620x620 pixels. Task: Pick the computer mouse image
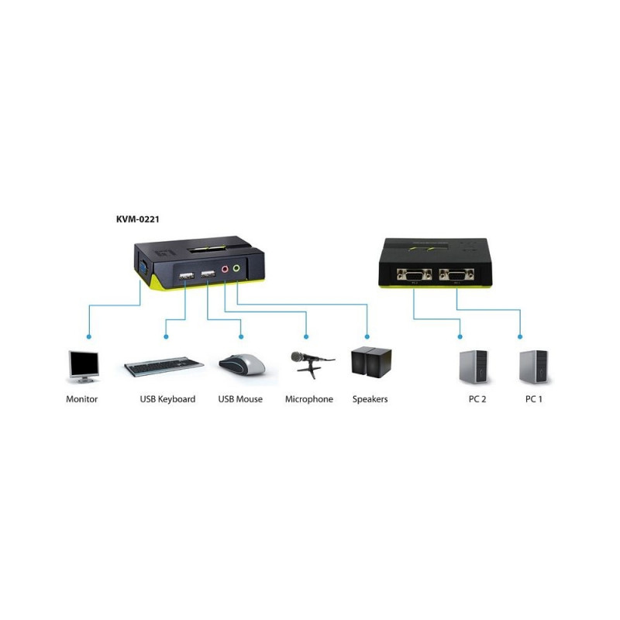[x=242, y=363]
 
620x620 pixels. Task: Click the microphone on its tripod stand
[x=310, y=363]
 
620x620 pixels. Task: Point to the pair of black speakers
[x=370, y=363]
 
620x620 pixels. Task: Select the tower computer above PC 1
[x=533, y=367]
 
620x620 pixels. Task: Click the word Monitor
[x=82, y=399]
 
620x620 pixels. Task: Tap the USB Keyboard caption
[x=167, y=399]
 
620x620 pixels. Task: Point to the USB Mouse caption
[x=240, y=399]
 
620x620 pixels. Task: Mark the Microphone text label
[x=309, y=399]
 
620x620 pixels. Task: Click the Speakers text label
[x=370, y=399]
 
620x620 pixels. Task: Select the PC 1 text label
[x=534, y=399]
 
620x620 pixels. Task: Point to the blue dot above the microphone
[x=307, y=336]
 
